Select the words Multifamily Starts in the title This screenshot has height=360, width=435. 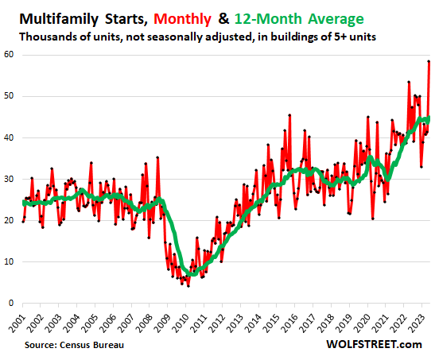point(78,17)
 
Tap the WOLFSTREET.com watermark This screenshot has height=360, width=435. point(378,345)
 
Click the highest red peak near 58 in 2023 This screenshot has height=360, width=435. point(429,61)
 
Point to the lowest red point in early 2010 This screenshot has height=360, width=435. point(188,285)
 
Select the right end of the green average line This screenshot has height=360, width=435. point(429,118)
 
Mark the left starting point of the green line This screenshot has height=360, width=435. point(23,203)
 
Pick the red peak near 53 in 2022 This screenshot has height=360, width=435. point(409,82)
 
